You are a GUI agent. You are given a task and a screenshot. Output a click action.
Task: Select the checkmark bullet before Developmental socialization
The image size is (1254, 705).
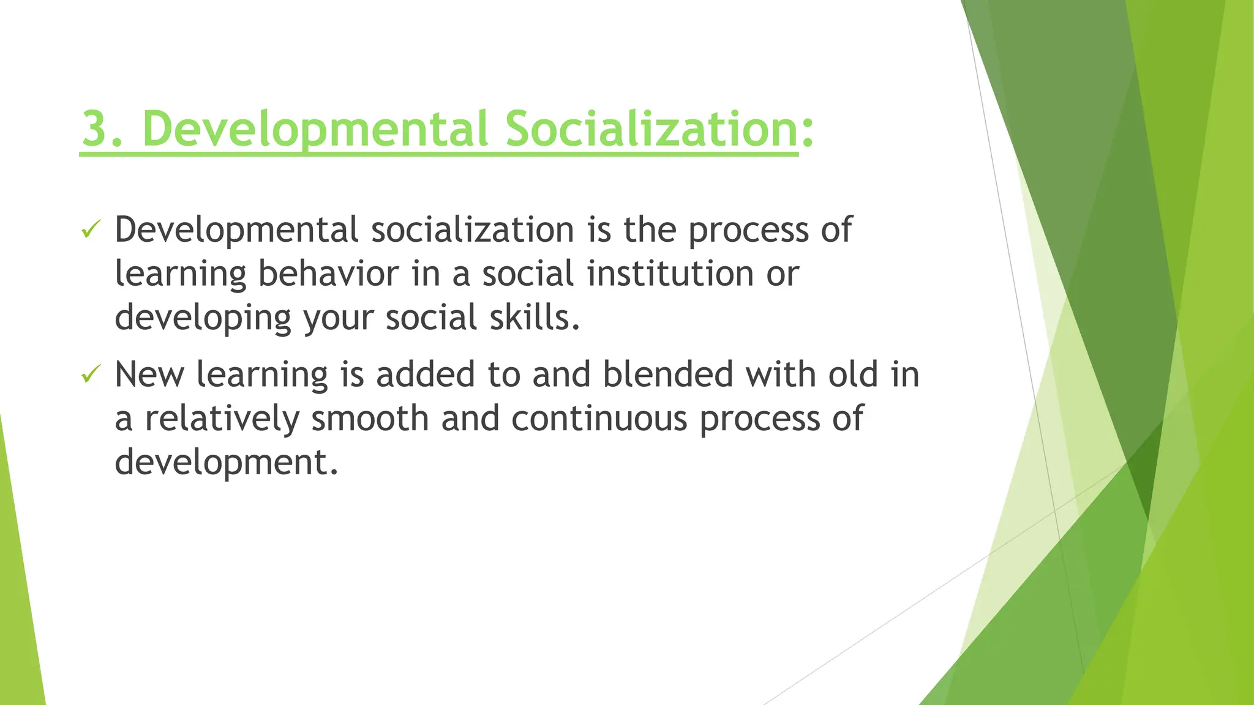click(x=91, y=230)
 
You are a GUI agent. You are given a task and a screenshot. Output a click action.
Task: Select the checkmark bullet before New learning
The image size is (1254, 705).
click(x=91, y=374)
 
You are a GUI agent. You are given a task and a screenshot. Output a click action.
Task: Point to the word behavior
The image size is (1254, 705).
click(x=328, y=274)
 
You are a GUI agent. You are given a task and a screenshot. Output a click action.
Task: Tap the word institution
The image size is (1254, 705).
click(x=670, y=274)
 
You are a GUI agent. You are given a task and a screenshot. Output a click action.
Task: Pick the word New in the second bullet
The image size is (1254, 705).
click(x=149, y=375)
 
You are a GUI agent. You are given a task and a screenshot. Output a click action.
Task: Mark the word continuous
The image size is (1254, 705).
click(x=599, y=419)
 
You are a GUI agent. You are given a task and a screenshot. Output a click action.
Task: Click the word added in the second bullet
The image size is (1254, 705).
click(x=425, y=375)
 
